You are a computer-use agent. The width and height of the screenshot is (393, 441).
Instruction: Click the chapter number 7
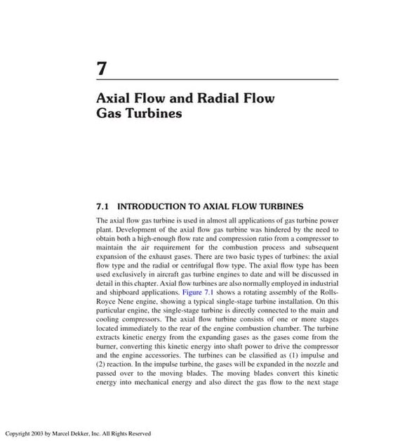(x=101, y=70)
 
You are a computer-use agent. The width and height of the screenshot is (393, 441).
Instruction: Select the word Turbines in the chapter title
(x=152, y=113)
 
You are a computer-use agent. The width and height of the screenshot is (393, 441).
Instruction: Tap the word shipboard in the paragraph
(x=121, y=290)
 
